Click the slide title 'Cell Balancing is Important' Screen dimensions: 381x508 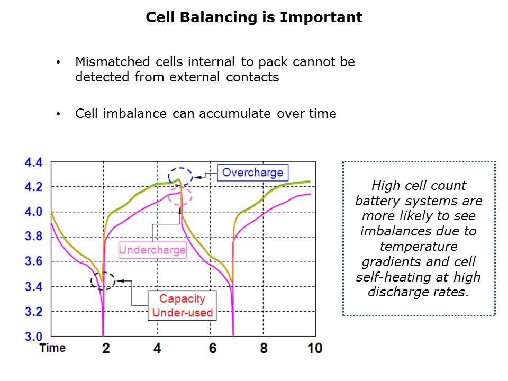tap(254, 17)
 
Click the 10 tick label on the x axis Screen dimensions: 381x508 tap(314, 348)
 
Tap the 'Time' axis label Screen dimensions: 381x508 tap(52, 348)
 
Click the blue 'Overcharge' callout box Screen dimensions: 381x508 tap(252, 173)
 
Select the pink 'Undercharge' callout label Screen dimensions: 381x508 tap(152, 250)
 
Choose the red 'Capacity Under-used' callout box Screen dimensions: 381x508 tap(182, 306)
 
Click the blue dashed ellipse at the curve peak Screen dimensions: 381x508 tap(180, 176)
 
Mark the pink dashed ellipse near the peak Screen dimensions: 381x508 tap(180, 196)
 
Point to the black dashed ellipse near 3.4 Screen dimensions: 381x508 tap(103, 280)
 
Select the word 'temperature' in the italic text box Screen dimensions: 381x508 tap(419, 246)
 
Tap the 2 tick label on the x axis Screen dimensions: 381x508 tap(106, 348)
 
